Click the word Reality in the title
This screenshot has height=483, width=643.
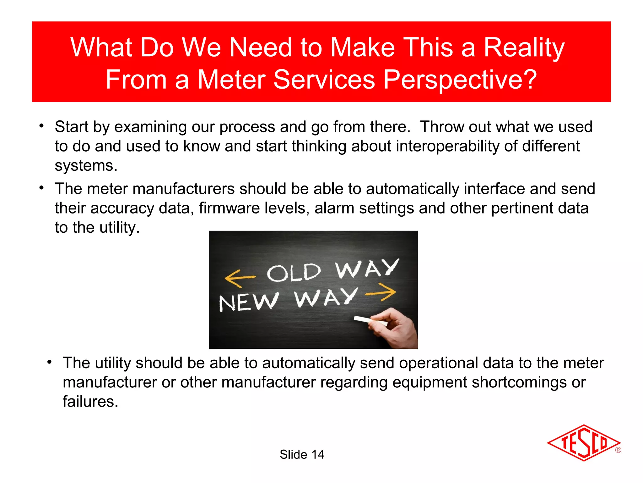524,48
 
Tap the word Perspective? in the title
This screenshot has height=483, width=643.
460,80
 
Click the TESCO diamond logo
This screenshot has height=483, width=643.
583,443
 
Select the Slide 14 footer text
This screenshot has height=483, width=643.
302,454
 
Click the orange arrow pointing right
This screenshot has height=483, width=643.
381,292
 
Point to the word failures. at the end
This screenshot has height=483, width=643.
90,402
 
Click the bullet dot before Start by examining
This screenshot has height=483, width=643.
41,126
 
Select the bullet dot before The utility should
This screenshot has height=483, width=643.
49,362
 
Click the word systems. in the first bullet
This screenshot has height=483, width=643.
86,166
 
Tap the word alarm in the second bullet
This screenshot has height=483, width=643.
334,208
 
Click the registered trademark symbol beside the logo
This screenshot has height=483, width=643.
618,450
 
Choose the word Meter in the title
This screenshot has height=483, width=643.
231,80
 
